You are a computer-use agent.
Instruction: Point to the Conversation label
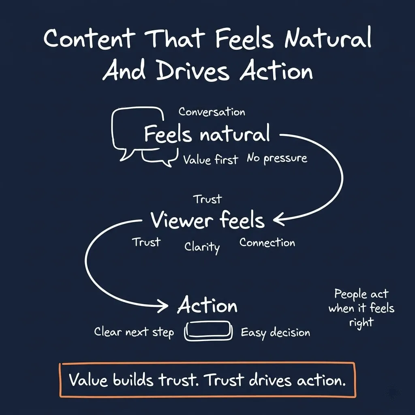(x=212, y=112)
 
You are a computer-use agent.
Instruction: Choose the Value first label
(x=210, y=159)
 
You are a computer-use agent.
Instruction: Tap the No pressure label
(x=277, y=158)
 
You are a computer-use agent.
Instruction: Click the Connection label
(x=267, y=243)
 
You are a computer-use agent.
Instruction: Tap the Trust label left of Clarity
(x=146, y=242)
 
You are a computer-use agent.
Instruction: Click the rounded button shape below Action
(x=209, y=332)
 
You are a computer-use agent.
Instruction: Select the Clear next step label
(x=134, y=332)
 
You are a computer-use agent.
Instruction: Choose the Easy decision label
(x=275, y=333)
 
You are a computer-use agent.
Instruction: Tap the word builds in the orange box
(x=133, y=380)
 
